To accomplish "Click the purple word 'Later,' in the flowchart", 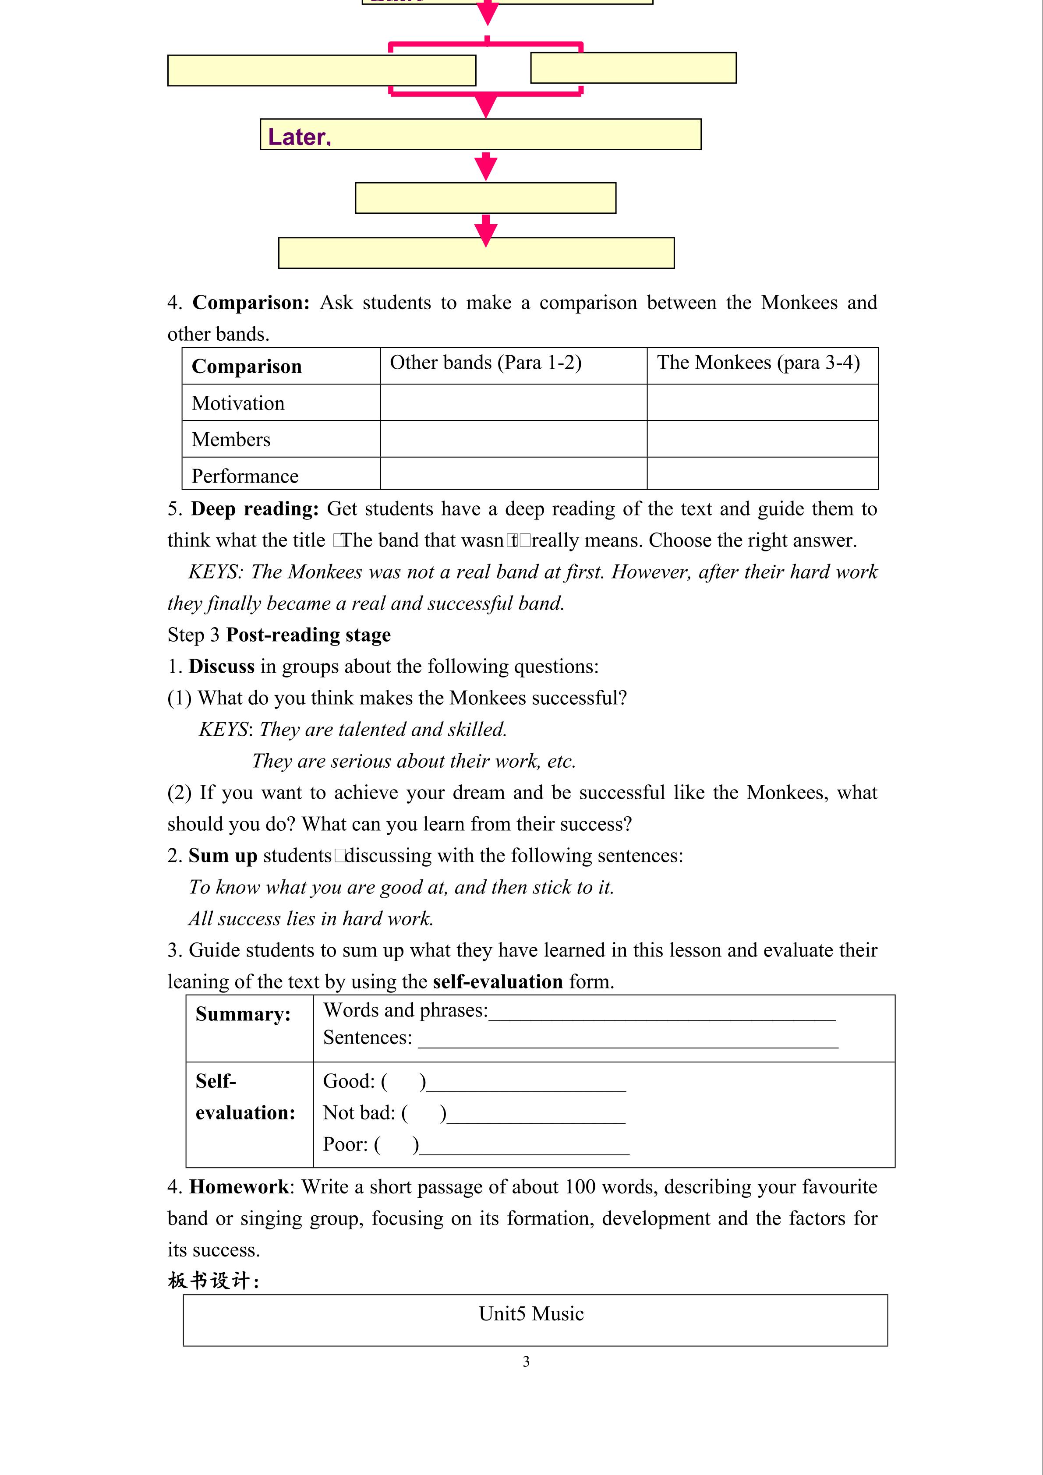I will [299, 137].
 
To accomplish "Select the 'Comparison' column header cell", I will [247, 366].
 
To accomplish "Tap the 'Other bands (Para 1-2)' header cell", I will [485, 363].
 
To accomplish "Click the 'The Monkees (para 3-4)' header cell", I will [758, 363].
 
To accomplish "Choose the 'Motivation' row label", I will [238, 403].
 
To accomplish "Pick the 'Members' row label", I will [231, 439].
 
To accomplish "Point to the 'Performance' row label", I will [245, 476].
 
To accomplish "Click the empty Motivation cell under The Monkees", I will [762, 403].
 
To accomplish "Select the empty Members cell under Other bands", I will [513, 439].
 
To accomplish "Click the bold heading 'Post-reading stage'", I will [308, 635].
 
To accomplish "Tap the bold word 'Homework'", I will [238, 1186].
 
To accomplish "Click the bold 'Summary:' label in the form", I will [243, 1014].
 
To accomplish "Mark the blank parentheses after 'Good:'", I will [403, 1082].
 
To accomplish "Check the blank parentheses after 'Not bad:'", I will [424, 1113].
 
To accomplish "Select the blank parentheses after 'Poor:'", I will [396, 1145].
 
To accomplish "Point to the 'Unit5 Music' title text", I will [531, 1314].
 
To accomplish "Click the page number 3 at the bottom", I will [527, 1361].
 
